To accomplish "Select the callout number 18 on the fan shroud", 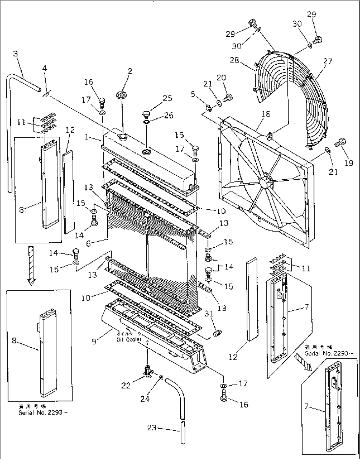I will click(266, 114).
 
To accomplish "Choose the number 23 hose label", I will click(152, 427).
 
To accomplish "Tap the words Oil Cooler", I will click(129, 339).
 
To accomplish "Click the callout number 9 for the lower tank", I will click(94, 341).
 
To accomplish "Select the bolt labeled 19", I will click(340, 143).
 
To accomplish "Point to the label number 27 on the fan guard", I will click(328, 61).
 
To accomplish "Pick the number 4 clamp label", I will click(44, 68).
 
